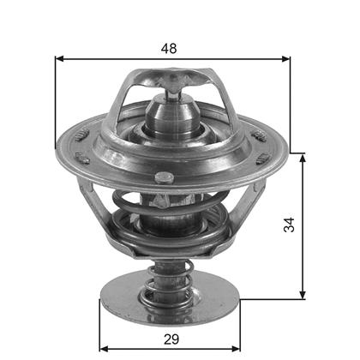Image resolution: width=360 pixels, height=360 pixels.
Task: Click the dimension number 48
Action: (x=169, y=49)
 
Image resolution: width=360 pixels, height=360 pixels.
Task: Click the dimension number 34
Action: (x=289, y=225)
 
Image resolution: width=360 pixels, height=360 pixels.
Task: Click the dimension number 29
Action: (x=171, y=339)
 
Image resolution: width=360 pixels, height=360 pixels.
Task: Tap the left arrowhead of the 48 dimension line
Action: (x=59, y=59)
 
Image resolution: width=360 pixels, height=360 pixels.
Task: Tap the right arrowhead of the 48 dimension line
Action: (x=285, y=59)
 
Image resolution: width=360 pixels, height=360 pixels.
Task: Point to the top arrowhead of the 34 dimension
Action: (x=303, y=158)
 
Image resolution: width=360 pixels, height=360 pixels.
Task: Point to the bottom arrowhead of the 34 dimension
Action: (x=303, y=295)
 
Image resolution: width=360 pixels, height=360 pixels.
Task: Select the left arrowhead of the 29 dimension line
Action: (x=104, y=349)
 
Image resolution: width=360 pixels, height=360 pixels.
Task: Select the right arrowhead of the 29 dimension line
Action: (x=236, y=349)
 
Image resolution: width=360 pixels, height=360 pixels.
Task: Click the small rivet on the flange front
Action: (x=165, y=178)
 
